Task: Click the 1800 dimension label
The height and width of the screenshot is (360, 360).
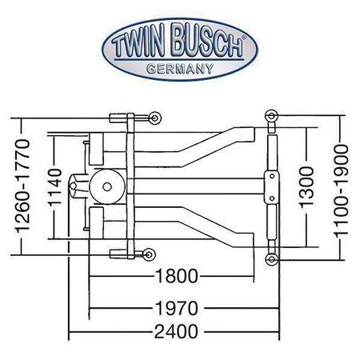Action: (x=176, y=276)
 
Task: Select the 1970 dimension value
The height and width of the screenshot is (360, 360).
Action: (x=177, y=309)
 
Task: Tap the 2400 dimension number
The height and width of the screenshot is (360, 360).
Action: (x=176, y=332)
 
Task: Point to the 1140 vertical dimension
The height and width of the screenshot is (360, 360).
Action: (x=55, y=187)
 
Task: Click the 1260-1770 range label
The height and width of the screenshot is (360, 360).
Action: (x=22, y=186)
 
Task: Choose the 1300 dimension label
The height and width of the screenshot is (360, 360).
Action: (x=306, y=187)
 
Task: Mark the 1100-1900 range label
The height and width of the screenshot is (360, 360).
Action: (x=341, y=190)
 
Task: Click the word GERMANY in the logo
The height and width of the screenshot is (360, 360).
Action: (x=180, y=69)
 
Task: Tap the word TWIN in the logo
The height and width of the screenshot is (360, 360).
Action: (x=138, y=42)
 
